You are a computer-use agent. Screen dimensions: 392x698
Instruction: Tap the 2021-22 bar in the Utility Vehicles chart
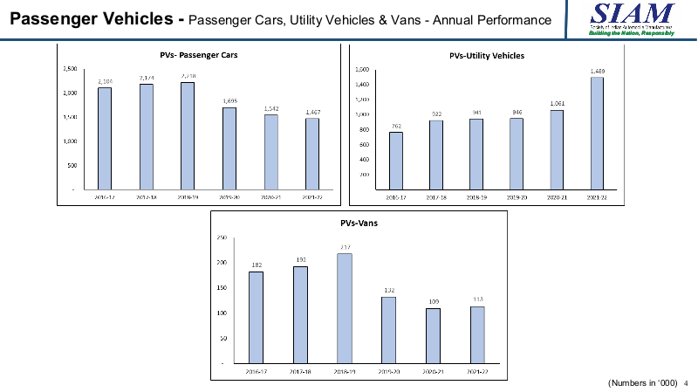pyautogui.click(x=597, y=133)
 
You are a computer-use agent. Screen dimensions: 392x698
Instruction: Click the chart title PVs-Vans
pyautogui.click(x=358, y=223)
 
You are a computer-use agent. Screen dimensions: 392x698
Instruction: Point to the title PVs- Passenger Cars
pyautogui.click(x=199, y=55)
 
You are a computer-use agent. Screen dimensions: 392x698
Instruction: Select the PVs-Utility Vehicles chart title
pyautogui.click(x=493, y=56)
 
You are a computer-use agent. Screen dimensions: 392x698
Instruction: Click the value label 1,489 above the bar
pyautogui.click(x=597, y=70)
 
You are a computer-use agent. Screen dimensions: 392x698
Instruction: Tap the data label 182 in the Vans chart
pyautogui.click(x=256, y=265)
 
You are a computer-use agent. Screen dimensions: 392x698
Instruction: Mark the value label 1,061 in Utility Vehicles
pyautogui.click(x=557, y=103)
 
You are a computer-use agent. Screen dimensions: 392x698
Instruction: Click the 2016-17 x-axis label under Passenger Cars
pyautogui.click(x=105, y=197)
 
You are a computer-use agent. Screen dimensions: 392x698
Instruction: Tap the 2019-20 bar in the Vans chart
pyautogui.click(x=388, y=330)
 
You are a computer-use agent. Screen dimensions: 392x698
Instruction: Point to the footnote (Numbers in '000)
pyautogui.click(x=642, y=382)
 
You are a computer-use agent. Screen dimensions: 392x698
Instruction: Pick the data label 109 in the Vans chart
pyautogui.click(x=434, y=301)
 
